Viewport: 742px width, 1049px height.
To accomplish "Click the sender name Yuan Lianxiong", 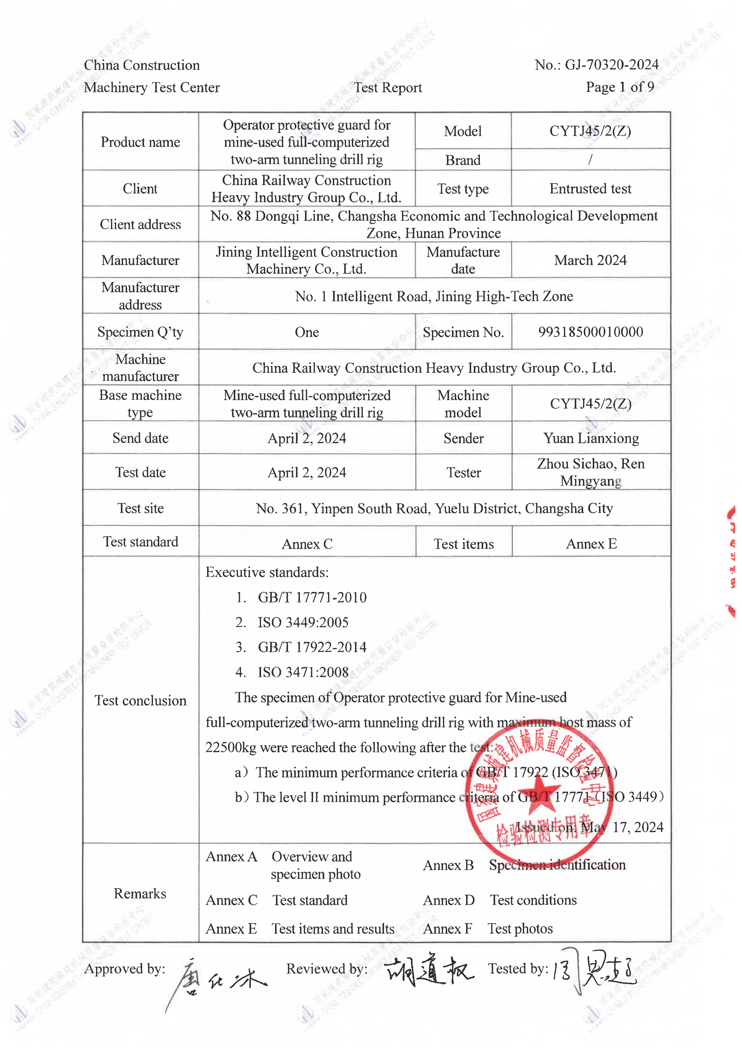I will click(591, 438).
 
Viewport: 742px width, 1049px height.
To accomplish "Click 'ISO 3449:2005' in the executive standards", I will click(303, 622).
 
